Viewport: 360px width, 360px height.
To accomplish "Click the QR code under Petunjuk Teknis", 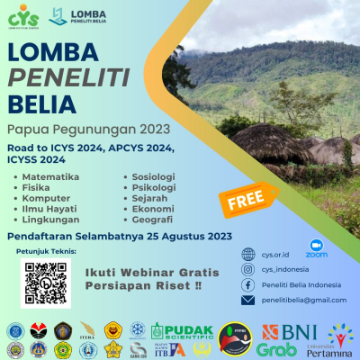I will [45, 282].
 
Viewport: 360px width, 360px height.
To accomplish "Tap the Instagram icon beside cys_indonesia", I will [248, 268].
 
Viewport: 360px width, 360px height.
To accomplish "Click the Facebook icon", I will [248, 283].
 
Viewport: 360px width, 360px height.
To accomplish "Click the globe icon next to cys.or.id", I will [248, 253].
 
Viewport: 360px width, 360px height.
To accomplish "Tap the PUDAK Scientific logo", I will [181, 330].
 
